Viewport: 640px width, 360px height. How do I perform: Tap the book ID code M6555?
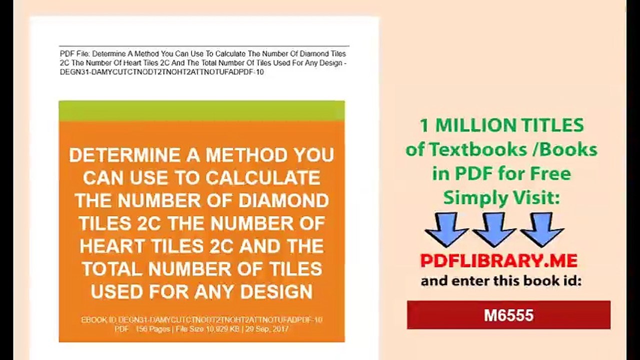pyautogui.click(x=508, y=315)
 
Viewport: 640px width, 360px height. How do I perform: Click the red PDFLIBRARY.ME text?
pyautogui.click(x=498, y=260)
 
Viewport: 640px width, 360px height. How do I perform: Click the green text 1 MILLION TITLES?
pyautogui.click(x=501, y=125)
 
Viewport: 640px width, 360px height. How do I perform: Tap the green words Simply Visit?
pyautogui.click(x=501, y=198)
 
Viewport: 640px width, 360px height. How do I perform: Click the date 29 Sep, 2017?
pyautogui.click(x=267, y=329)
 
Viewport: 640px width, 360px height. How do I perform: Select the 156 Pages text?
pyautogui.click(x=152, y=329)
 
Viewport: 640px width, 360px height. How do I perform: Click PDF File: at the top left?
pyautogui.click(x=75, y=54)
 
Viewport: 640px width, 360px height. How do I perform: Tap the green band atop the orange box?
pyautogui.click(x=202, y=111)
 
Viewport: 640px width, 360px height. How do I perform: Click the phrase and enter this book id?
pyautogui.click(x=501, y=281)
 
